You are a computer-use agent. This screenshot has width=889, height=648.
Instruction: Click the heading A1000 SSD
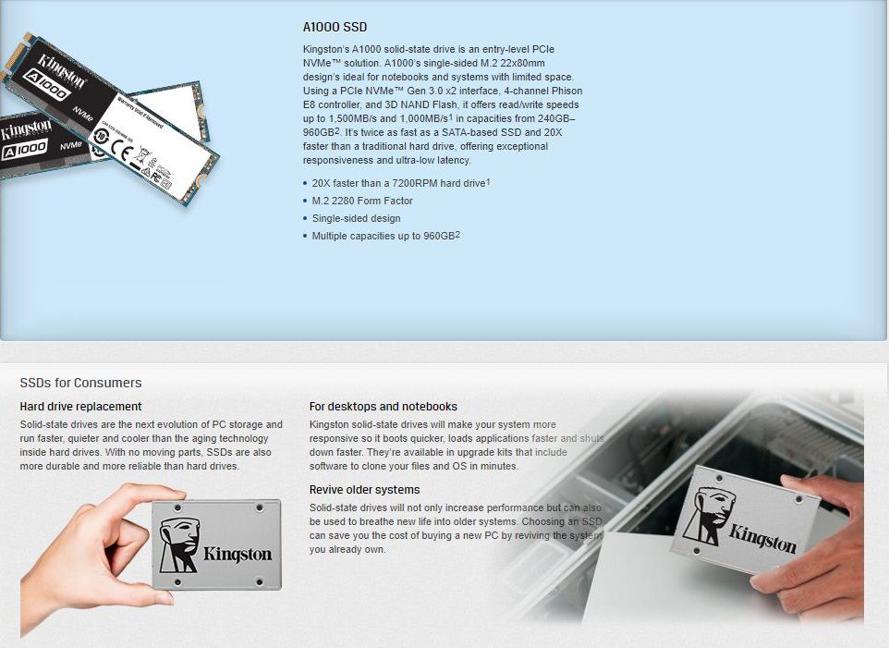pyautogui.click(x=335, y=27)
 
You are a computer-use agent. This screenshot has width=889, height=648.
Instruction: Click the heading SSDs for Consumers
pyautogui.click(x=80, y=383)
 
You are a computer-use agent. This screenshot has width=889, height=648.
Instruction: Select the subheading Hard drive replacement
pyautogui.click(x=80, y=407)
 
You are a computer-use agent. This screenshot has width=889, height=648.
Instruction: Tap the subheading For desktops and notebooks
pyautogui.click(x=384, y=407)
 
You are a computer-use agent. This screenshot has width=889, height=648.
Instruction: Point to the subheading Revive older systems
pyautogui.click(x=364, y=490)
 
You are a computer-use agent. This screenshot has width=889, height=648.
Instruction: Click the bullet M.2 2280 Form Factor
pyautogui.click(x=362, y=201)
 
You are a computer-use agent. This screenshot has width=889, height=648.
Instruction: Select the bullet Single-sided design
pyautogui.click(x=356, y=218)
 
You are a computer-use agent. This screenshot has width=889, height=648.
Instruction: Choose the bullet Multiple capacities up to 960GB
pyautogui.click(x=385, y=236)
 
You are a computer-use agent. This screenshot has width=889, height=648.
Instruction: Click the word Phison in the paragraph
pyautogui.click(x=567, y=91)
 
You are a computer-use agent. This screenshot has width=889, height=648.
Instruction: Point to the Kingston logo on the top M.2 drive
pyautogui.click(x=62, y=70)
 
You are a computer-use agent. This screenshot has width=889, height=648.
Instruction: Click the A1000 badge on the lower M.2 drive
pyautogui.click(x=24, y=151)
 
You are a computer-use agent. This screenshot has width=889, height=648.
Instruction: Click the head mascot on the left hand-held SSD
pyautogui.click(x=179, y=544)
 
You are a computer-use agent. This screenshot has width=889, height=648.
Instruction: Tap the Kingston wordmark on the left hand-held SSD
pyautogui.click(x=237, y=554)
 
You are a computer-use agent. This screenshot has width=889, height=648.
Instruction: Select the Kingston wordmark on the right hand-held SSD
pyautogui.click(x=762, y=539)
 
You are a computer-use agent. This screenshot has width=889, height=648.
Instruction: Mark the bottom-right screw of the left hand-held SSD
pyautogui.click(x=261, y=582)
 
